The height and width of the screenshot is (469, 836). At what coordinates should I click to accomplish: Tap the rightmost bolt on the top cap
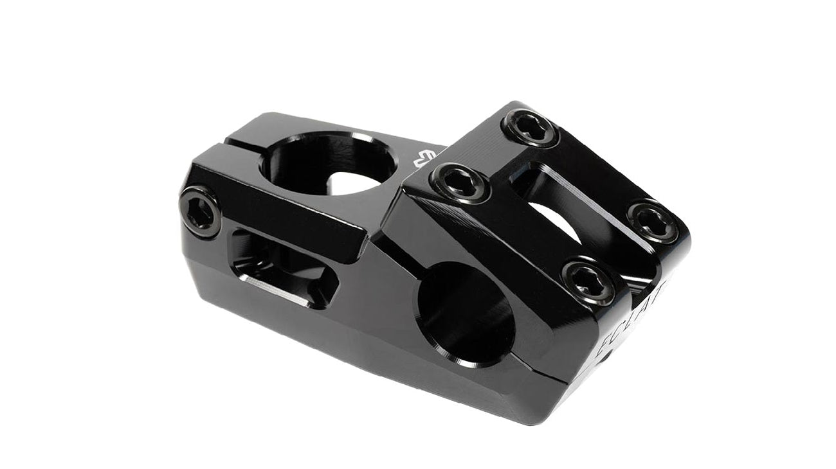(653, 222)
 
